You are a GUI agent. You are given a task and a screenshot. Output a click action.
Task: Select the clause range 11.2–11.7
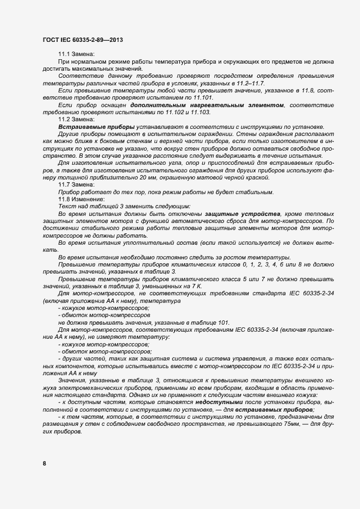click(247, 83)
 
